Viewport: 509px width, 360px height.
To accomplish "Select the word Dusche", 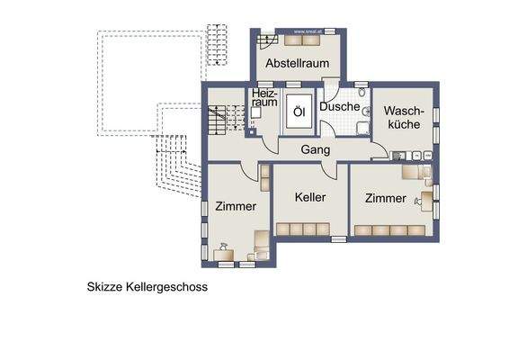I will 340,106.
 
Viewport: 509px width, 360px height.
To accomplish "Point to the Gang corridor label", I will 315,149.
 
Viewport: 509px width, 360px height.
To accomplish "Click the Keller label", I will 310,197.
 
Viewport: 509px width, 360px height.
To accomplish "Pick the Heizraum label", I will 264,98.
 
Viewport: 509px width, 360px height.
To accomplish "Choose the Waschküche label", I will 403,117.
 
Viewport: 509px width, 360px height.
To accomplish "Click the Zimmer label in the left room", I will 236,206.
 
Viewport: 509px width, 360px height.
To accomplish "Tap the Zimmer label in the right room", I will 385,197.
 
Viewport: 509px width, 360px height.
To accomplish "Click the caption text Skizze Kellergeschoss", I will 147,288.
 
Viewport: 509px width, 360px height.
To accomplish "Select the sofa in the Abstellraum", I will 297,39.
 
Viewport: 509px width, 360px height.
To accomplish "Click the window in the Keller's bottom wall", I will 338,238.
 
